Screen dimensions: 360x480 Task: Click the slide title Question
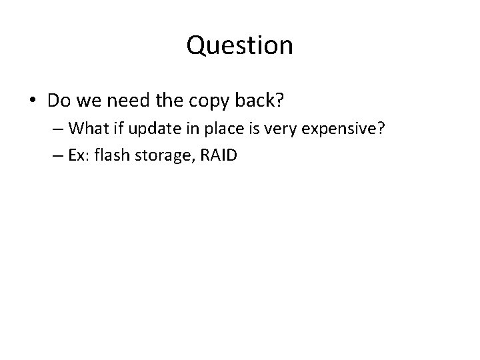(x=239, y=45)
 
